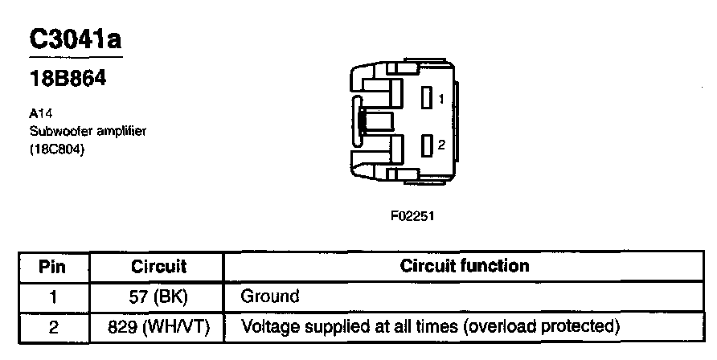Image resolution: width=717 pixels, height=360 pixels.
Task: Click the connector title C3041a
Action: pos(76,39)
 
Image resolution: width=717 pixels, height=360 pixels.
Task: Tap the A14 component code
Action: pos(39,115)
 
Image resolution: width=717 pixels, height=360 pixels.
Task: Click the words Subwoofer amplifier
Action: pos(87,130)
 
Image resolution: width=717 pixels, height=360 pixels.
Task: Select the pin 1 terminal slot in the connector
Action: pos(427,98)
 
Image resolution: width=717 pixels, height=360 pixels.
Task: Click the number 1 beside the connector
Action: pos(440,99)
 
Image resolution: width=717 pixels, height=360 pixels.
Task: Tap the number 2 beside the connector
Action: pos(440,145)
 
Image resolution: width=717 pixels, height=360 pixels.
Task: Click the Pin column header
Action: pos(52,266)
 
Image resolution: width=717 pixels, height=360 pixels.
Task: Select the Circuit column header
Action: pos(158,266)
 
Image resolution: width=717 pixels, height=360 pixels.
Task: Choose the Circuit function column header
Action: pos(464,266)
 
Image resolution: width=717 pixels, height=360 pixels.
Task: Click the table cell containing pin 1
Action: pos(52,296)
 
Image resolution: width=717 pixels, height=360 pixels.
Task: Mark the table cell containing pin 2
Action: pos(52,326)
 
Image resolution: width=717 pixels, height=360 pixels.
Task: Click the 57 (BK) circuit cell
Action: pos(158,296)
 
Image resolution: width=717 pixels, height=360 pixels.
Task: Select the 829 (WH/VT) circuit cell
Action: pos(158,326)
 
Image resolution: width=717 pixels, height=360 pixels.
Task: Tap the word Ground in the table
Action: pos(269,296)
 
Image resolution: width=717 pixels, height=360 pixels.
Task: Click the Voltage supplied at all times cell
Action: pos(431,326)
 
